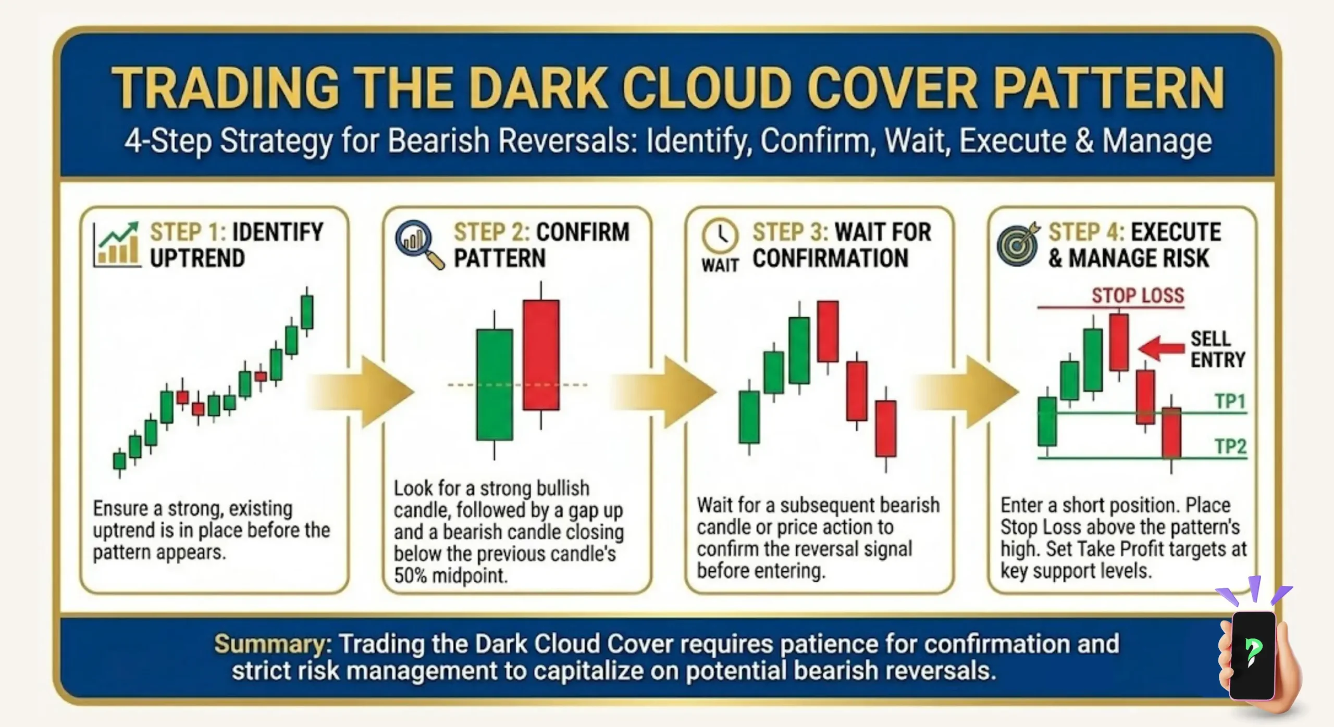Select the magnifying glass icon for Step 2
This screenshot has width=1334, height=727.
418,244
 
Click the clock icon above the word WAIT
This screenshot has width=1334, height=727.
720,236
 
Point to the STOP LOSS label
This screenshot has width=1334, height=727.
1138,296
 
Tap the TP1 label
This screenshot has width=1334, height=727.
1230,402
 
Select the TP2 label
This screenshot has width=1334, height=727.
1230,447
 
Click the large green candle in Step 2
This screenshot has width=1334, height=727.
495,384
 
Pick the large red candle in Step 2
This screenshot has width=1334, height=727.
541,354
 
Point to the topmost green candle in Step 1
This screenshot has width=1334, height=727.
307,312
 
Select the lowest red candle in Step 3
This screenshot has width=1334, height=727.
885,429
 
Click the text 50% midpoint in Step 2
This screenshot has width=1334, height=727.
451,575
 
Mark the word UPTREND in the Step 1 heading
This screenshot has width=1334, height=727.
197,258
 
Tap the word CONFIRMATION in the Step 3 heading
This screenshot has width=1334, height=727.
830,258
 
